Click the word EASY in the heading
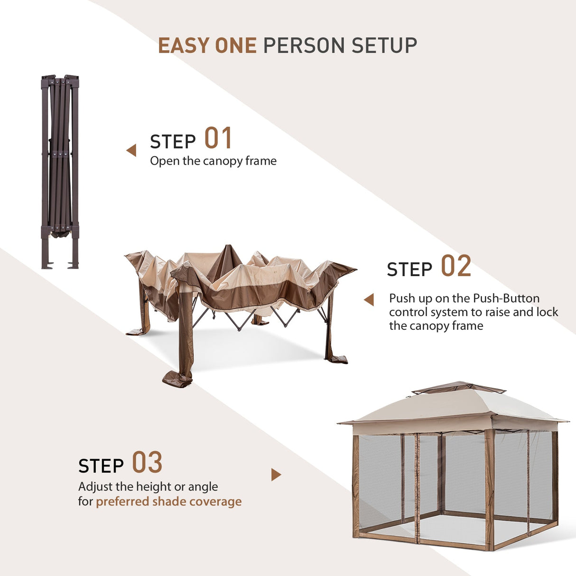[184, 46]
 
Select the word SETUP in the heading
[384, 46]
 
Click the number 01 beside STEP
[218, 138]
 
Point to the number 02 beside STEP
[456, 266]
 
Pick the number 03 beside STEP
[147, 462]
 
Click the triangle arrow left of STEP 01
[131, 150]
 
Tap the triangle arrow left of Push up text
[369, 299]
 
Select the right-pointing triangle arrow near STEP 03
[276, 474]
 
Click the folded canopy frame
[60, 172]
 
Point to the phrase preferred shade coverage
[168, 502]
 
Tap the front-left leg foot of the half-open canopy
[177, 379]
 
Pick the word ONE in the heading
[236, 46]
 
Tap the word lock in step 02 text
[547, 312]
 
